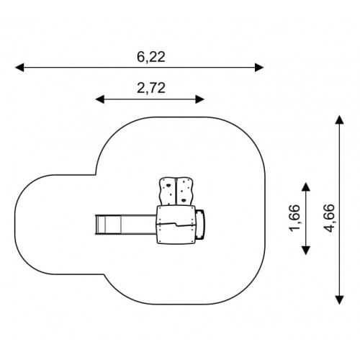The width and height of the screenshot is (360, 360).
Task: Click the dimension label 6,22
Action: coord(151,57)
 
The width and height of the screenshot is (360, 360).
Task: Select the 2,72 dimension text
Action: coord(151,88)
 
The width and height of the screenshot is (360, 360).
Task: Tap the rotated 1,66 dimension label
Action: coord(294,218)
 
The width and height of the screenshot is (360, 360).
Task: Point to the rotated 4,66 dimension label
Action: coord(328,218)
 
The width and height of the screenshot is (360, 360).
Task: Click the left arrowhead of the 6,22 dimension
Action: coord(19,68)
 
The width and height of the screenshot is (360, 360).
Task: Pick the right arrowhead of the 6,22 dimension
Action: coord(259,68)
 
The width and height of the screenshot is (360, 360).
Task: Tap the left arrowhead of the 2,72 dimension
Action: coord(100,99)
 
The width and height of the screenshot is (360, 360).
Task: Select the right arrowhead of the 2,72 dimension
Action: coord(199,99)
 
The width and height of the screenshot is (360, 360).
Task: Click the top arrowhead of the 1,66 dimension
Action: coord(305,186)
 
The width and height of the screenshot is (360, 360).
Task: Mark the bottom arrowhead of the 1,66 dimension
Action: coord(305,251)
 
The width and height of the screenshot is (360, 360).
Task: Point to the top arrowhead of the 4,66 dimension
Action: coord(339,120)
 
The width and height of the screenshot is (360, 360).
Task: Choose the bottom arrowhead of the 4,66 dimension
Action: coord(339,300)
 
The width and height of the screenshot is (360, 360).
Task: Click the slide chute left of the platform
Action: coord(126,225)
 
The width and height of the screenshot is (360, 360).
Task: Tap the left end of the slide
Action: coord(96,225)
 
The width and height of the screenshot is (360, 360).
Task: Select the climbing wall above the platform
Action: coord(176,192)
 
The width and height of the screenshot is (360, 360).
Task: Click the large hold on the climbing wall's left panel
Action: coord(168,185)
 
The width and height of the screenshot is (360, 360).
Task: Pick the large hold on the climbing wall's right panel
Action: coord(184,200)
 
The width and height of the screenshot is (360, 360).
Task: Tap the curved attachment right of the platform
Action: coord(200,225)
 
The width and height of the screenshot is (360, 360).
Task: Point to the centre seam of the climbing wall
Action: coord(176,192)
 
